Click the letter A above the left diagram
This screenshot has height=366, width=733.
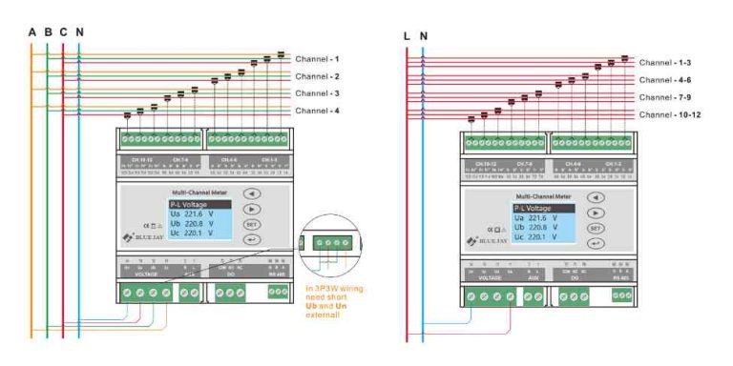31,32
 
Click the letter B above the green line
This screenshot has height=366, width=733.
47,32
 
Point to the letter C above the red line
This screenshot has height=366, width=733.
63,32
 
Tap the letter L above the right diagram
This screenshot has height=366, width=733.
408,36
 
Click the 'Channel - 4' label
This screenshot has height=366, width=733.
317,111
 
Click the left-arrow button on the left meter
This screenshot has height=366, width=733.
252,193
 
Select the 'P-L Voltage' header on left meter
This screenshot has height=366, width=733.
199,204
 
